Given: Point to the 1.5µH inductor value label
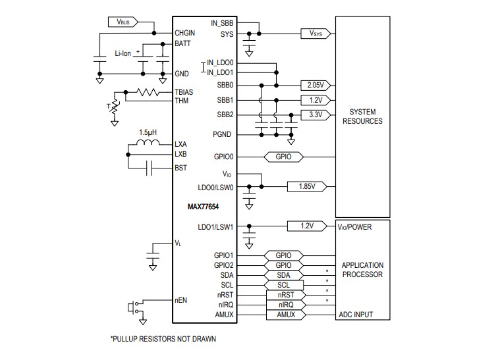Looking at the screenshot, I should pos(149,132).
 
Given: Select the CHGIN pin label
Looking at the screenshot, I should pos(185,32).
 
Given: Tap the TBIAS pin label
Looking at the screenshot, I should pos(184,92).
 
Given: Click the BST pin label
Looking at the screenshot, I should pos(181,168).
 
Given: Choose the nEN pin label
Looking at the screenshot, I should pos(181,300).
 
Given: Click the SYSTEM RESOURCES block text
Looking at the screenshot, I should pos(366,116).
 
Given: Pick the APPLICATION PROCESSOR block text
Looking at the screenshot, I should pos(362,270).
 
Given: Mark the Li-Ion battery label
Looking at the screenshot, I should pos(123,53).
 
